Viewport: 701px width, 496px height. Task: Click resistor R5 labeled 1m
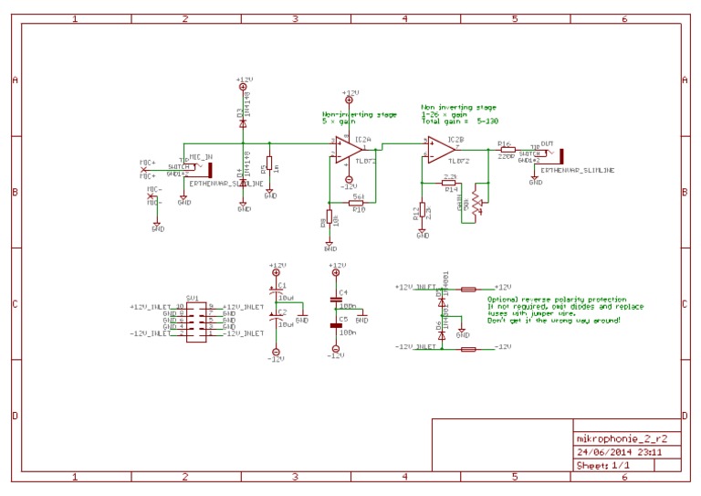point(269,167)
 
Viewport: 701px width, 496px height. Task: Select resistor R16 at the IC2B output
point(508,150)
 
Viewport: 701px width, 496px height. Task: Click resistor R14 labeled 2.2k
point(449,183)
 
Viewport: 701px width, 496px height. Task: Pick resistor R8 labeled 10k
point(330,220)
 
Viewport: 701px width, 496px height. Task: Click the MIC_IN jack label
point(201,156)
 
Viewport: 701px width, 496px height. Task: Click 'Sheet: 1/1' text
point(603,465)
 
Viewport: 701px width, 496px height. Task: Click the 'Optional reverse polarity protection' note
point(557,300)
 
